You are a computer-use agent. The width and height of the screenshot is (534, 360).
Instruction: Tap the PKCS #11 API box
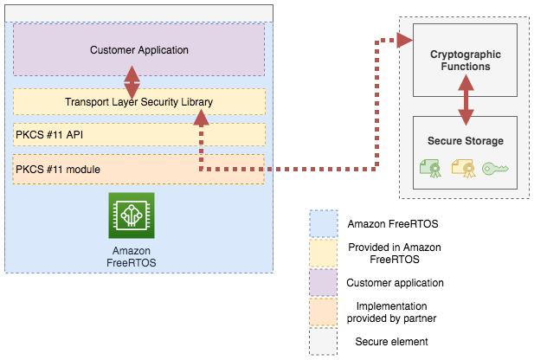coord(138,135)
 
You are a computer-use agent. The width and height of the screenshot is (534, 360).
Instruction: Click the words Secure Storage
coord(466,141)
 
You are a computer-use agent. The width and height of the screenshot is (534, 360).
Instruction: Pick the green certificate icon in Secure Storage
coord(432,168)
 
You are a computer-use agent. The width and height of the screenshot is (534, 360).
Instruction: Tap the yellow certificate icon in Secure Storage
coord(464,168)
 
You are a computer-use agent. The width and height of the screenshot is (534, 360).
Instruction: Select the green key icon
coord(496,168)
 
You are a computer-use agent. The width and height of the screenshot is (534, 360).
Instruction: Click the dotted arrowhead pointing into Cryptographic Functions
coord(403,40)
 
